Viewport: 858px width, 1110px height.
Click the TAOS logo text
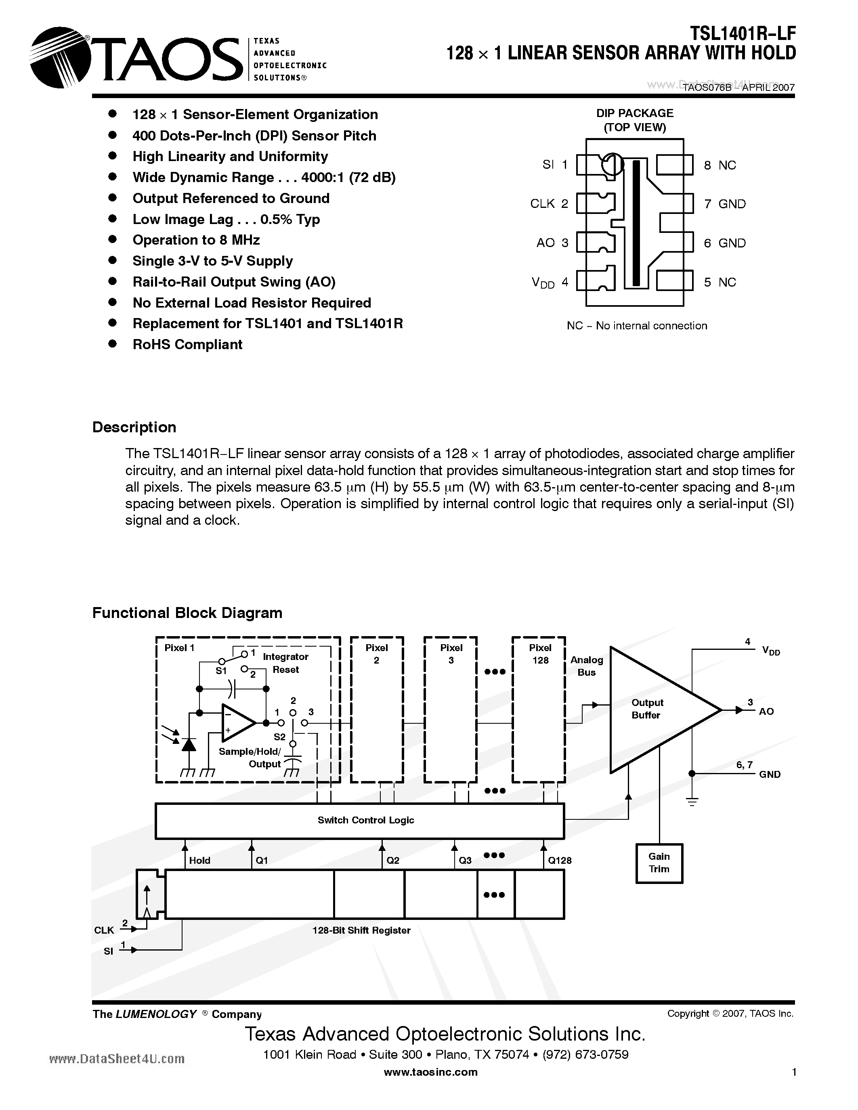165,59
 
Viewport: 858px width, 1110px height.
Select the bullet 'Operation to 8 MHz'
196,240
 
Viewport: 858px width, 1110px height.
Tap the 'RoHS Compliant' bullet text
187,345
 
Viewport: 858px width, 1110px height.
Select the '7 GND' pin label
725,204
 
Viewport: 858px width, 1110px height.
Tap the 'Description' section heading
134,427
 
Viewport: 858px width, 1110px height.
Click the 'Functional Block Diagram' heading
187,613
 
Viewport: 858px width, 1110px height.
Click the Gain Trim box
659,863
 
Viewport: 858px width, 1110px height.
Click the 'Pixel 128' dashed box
539,710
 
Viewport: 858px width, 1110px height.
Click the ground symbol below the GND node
692,802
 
